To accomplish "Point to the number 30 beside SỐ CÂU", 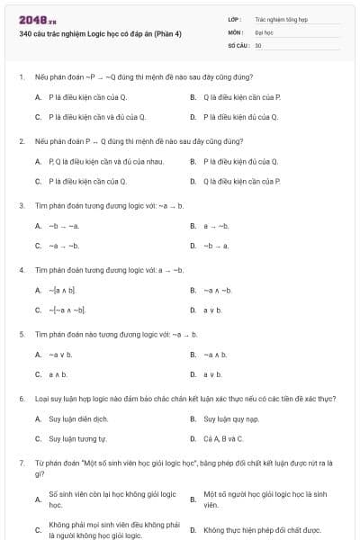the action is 258,44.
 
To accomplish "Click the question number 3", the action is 21,205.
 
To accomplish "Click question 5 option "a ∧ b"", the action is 58,373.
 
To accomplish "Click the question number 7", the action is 21,462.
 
